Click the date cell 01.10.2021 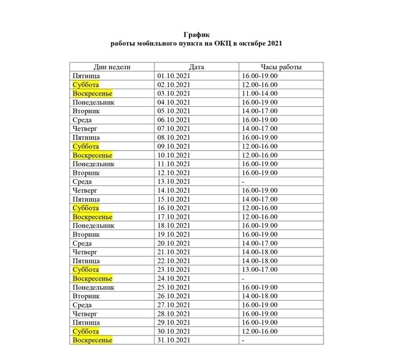[x=174, y=76]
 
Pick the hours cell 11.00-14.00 [x=261, y=93]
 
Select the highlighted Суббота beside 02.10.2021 [x=86, y=85]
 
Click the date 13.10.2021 [x=174, y=181]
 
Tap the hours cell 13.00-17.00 [x=261, y=270]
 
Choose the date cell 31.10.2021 [x=174, y=340]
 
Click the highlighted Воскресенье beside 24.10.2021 [x=92, y=278]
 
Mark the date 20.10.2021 [x=174, y=243]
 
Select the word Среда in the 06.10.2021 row [x=82, y=120]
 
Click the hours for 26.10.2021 [x=261, y=296]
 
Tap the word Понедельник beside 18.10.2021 [x=93, y=225]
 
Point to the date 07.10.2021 [x=174, y=128]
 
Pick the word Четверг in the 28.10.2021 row [x=85, y=313]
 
